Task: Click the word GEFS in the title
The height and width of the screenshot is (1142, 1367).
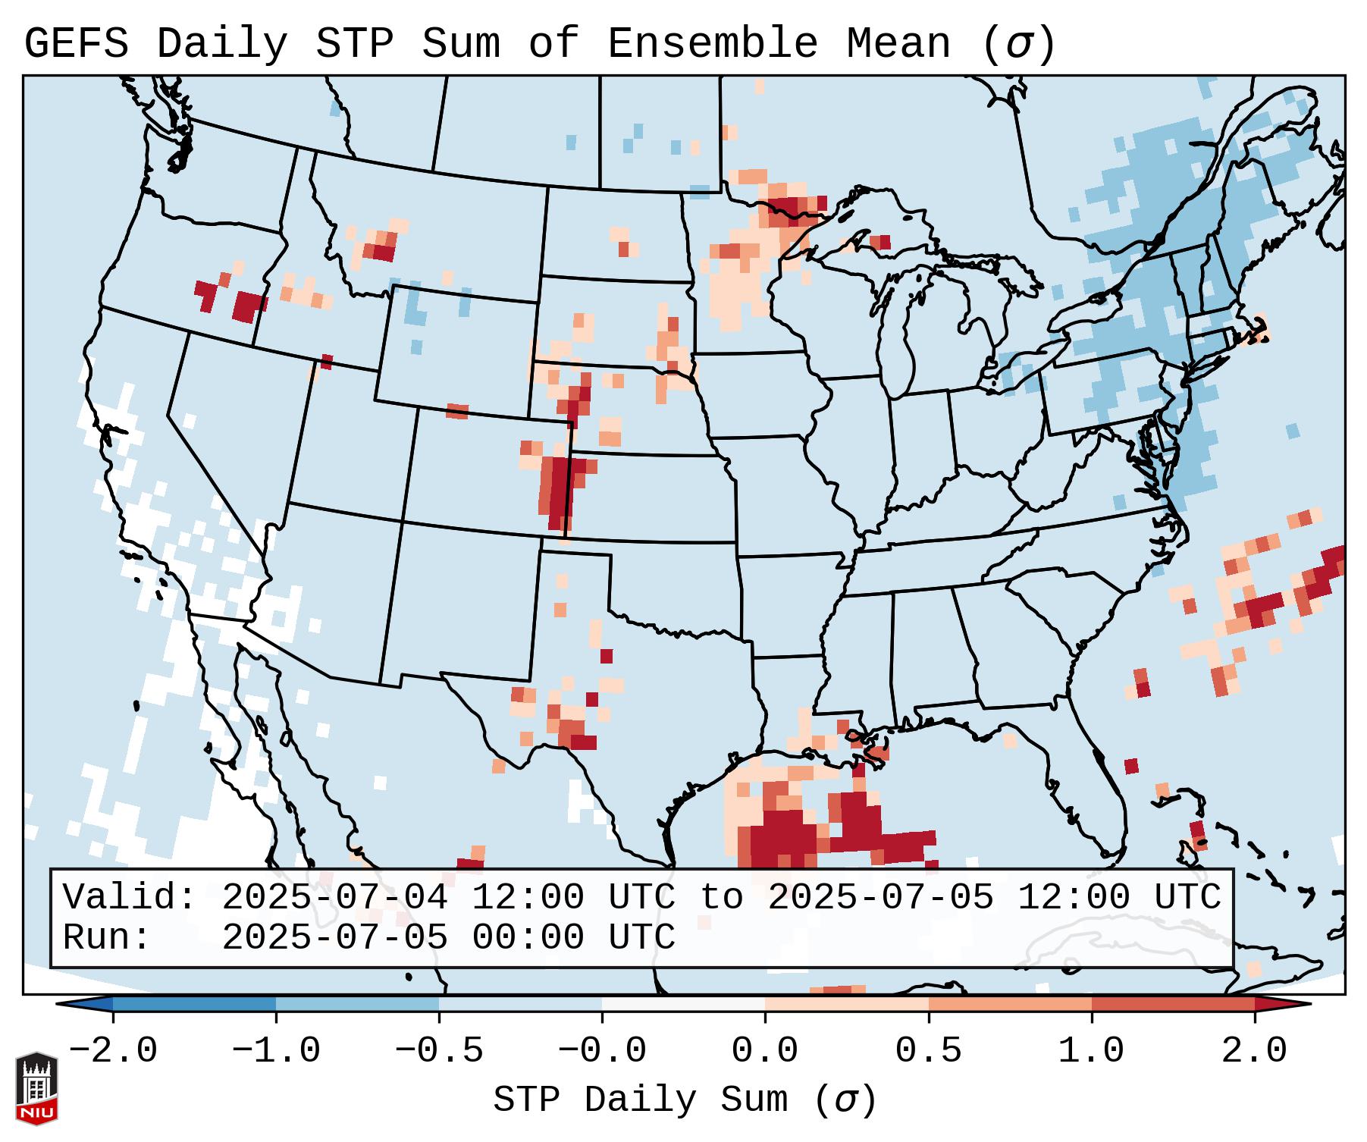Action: pyautogui.click(x=76, y=44)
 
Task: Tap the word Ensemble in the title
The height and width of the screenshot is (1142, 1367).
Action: pyautogui.click(x=712, y=44)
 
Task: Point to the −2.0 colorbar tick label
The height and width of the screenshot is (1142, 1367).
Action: pyautogui.click(x=113, y=1051)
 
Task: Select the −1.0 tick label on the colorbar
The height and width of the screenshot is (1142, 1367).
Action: pyautogui.click(x=276, y=1051)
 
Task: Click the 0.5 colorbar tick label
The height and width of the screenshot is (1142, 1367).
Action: pyautogui.click(x=928, y=1051)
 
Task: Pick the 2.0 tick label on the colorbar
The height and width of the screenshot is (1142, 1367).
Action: pyautogui.click(x=1255, y=1051)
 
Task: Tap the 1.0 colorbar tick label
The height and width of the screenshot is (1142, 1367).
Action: pyautogui.click(x=1091, y=1051)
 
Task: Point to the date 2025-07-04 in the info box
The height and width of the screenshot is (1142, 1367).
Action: pyautogui.click(x=334, y=898)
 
